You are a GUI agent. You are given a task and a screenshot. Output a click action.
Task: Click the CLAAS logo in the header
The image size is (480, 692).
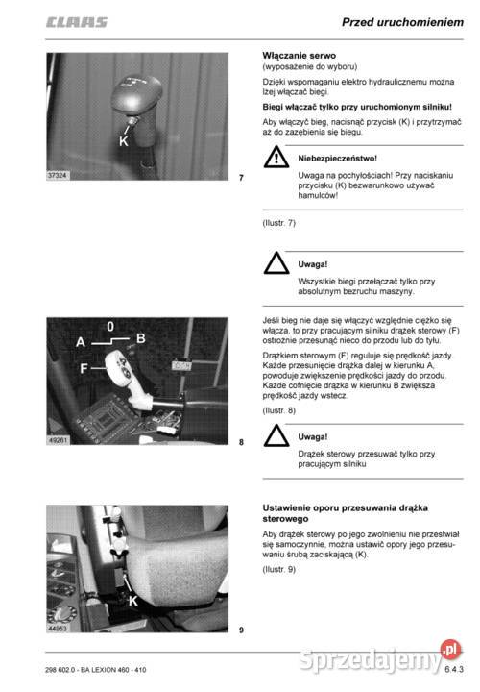(77, 22)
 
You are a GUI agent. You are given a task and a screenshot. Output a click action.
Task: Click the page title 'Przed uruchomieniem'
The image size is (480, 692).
(402, 22)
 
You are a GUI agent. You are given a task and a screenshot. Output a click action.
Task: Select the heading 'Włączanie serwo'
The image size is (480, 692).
(299, 56)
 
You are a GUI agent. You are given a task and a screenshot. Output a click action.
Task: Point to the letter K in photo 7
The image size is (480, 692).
(124, 141)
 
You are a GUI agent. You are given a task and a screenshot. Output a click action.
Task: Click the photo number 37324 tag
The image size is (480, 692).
(58, 175)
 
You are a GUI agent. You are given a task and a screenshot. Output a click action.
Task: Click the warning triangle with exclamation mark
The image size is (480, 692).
(276, 157)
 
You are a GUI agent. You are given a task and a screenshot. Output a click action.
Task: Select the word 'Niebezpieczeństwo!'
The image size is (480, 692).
(337, 159)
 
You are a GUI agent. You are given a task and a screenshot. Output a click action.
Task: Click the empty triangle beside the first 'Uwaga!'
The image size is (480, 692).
(276, 263)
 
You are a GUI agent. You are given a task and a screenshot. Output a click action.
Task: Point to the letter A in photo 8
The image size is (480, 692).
(81, 342)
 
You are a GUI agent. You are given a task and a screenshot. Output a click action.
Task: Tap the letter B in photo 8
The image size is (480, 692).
(140, 338)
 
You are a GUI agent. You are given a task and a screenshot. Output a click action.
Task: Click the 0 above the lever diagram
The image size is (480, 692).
(110, 326)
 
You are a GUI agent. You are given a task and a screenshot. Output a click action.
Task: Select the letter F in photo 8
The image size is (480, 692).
(84, 368)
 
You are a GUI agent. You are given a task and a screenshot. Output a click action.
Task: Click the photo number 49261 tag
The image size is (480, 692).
(58, 440)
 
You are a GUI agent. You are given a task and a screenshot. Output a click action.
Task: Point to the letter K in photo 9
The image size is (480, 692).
(133, 601)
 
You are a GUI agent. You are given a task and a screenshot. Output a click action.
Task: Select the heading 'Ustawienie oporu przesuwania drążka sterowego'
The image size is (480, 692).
(346, 513)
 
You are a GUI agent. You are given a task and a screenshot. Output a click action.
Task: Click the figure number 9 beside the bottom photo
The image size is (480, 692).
(241, 630)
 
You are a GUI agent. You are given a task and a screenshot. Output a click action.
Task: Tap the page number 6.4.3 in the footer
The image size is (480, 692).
(454, 669)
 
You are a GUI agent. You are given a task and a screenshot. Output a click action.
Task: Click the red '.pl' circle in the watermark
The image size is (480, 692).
(450, 650)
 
